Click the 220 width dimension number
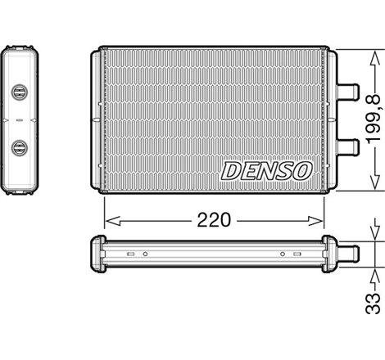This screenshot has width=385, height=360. point(215,220)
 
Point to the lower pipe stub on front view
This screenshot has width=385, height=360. point(347,147)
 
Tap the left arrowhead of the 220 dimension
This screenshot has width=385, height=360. point(110,220)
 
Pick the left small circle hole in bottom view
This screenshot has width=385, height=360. point(144,254)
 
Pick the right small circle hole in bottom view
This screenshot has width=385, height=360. point(283,254)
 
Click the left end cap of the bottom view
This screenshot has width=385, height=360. point(96,254)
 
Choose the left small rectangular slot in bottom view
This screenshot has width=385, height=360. point(129,254)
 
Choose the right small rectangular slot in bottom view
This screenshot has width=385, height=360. point(297,254)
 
